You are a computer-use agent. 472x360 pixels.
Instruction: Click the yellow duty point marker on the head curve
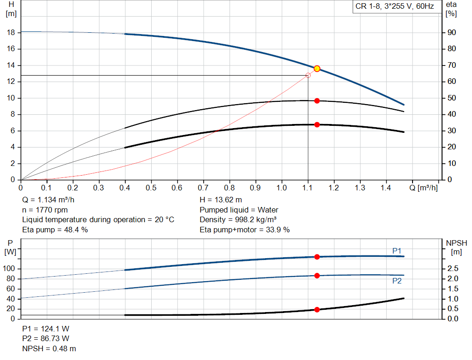click(317, 69)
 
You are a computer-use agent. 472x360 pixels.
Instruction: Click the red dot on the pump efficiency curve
click(317, 100)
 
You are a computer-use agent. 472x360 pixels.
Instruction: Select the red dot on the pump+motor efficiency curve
click(317, 124)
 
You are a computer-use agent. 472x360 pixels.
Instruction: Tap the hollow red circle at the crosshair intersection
click(308, 75)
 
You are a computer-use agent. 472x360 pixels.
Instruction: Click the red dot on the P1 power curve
click(317, 257)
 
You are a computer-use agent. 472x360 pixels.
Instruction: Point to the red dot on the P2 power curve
click(317, 276)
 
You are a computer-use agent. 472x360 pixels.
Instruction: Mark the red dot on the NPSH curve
click(317, 310)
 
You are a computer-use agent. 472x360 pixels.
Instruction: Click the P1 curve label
click(397, 251)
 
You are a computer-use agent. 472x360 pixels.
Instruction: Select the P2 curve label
click(397, 280)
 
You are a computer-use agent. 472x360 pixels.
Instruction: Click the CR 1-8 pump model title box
click(395, 7)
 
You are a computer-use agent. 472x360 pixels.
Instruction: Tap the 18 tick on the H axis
click(12, 33)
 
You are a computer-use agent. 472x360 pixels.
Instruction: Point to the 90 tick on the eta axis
click(451, 33)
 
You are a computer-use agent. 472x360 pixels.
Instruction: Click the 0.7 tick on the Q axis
click(203, 188)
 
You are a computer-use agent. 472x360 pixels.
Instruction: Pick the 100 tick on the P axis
click(10, 269)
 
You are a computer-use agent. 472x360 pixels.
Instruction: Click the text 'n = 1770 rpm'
click(45, 210)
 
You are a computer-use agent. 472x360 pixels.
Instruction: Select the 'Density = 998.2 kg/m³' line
click(238, 219)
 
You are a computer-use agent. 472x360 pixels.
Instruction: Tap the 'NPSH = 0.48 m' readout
click(49, 348)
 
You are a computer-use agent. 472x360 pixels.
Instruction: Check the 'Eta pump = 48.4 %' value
click(55, 229)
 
